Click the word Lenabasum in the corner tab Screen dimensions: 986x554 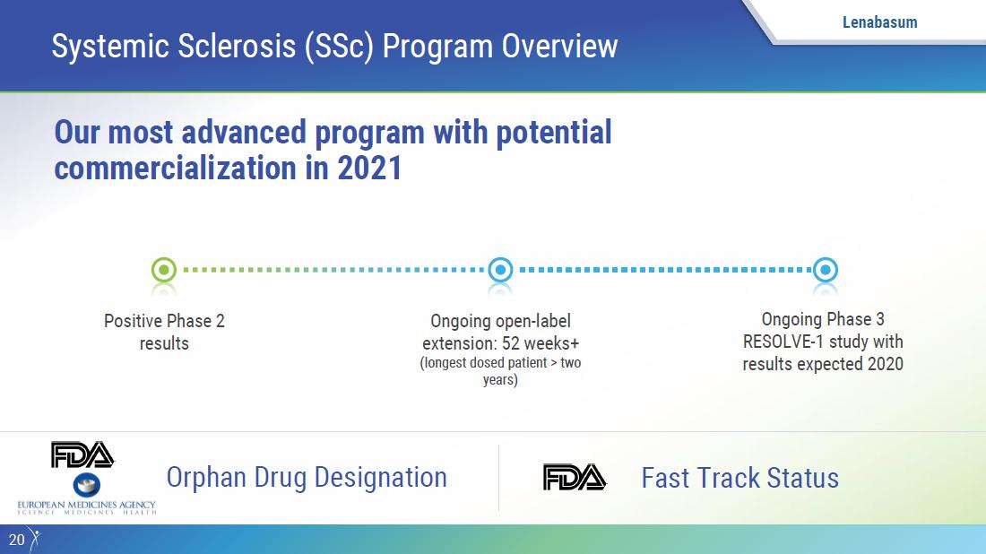tap(879, 22)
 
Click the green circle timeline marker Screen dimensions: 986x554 tap(164, 270)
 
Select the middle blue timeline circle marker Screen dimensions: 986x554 tap(500, 270)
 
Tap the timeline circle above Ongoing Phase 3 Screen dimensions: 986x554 tap(825, 270)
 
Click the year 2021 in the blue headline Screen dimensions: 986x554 tap(369, 168)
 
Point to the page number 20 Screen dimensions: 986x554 tap(16, 540)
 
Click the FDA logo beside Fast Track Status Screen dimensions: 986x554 tap(574, 477)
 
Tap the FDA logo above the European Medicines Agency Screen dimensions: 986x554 tap(82, 454)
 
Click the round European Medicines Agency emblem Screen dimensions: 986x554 tap(87, 485)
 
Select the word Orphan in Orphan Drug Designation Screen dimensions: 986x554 tap(206, 478)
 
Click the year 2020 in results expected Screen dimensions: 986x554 tap(886, 364)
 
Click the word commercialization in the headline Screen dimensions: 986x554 tap(175, 168)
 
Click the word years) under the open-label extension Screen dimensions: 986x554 tap(500, 380)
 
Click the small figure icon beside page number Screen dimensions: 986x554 tap(35, 540)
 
